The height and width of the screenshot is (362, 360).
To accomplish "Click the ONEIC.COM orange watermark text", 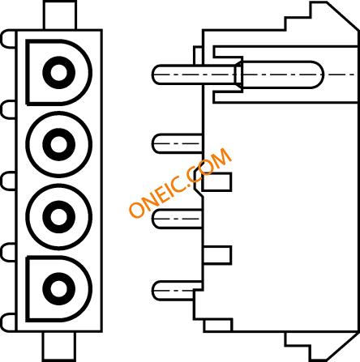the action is tap(180, 182).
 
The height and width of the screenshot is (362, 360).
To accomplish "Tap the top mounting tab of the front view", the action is tap(59, 15).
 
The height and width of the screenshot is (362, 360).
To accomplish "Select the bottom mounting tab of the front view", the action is tap(58, 347).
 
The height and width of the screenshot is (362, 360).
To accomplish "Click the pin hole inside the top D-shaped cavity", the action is tap(58, 73).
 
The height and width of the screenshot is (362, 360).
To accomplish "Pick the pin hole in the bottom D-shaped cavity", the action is tap(58, 288).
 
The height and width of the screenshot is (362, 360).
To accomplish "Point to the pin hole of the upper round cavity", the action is tap(58, 144).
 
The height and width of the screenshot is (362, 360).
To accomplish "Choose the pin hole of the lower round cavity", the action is tap(58, 217).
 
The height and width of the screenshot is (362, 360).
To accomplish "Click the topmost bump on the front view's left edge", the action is tap(9, 40).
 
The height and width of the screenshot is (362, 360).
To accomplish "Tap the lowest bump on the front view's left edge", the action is tap(9, 322).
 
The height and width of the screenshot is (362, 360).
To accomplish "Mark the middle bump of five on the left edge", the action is tap(9, 181).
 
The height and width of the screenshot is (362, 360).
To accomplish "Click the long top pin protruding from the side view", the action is tap(194, 75).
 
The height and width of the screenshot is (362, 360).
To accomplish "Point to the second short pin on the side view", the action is tap(178, 143).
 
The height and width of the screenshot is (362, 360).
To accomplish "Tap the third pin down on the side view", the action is tap(178, 219).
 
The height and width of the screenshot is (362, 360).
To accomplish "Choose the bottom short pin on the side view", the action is tap(178, 291).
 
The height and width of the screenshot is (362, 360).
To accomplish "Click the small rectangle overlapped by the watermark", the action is tap(216, 182).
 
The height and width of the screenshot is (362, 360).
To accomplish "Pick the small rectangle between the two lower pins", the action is tap(217, 255).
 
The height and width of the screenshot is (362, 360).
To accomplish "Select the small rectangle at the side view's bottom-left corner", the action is tap(218, 326).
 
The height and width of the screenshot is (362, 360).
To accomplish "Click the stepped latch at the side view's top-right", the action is tap(322, 16).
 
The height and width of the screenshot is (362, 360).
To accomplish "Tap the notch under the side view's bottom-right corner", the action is tap(322, 346).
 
